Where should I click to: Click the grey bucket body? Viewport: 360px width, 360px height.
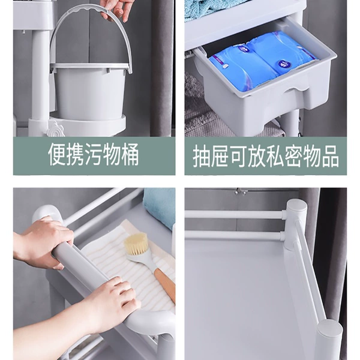pyautogui.click(x=90, y=92)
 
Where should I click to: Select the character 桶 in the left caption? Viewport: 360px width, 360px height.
pyautogui.click(x=128, y=154)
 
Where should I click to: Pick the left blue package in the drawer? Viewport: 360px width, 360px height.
pyautogui.click(x=241, y=67)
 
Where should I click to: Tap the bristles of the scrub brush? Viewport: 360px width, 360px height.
pyautogui.click(x=136, y=244)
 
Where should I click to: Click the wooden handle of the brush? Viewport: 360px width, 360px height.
pyautogui.click(x=164, y=283)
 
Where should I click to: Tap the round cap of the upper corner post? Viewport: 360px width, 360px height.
pyautogui.click(x=296, y=206)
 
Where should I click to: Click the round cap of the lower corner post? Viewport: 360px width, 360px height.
pyautogui.click(x=330, y=328)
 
